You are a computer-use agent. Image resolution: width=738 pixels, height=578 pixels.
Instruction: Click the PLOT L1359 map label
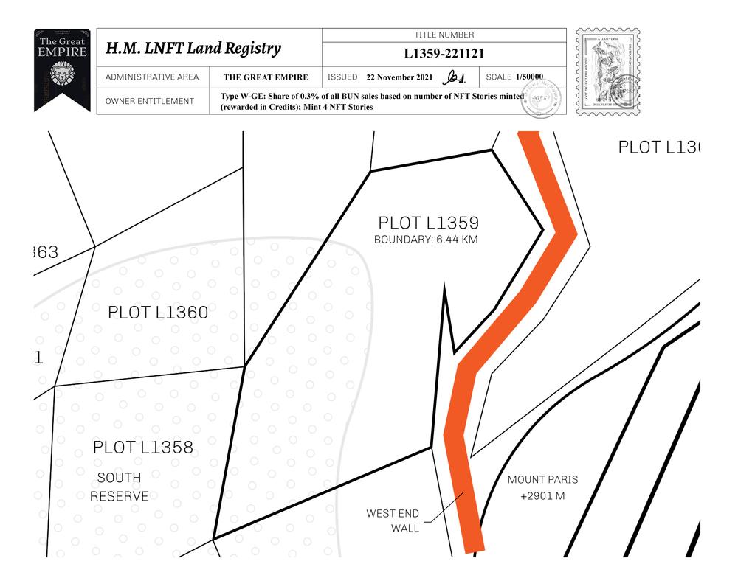(429, 223)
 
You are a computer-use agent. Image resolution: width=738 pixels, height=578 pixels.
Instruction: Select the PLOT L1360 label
(158, 313)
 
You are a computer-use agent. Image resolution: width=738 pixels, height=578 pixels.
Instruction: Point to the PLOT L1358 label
(143, 448)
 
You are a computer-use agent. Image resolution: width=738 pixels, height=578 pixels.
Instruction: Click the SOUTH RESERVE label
(119, 487)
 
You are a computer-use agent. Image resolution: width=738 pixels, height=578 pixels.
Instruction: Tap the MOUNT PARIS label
(542, 480)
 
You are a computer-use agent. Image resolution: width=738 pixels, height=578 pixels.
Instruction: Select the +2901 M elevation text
(542, 496)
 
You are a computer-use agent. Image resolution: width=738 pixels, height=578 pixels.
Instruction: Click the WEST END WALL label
(393, 520)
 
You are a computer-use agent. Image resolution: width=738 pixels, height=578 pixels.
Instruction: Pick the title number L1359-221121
(444, 54)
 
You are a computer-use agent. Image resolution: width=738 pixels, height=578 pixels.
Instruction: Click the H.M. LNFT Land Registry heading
(193, 49)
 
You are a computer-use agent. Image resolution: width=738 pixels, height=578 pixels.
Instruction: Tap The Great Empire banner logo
(62, 69)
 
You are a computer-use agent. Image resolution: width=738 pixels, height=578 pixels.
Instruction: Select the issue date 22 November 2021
(394, 77)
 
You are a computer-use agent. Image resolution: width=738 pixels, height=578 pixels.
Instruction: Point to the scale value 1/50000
(529, 77)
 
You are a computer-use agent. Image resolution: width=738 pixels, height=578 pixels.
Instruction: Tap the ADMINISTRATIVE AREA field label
(151, 77)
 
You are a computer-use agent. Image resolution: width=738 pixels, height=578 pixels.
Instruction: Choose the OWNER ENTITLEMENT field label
(150, 101)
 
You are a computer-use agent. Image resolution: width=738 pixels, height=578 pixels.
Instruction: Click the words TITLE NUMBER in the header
(444, 35)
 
